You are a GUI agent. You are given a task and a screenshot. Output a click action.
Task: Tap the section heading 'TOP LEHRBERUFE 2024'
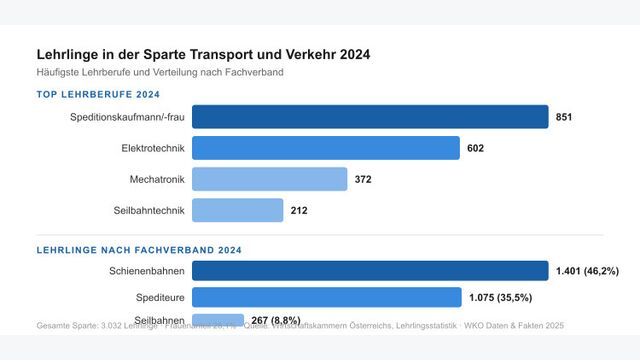pos(98,94)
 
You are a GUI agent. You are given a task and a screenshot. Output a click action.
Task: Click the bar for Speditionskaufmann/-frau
pos(370,117)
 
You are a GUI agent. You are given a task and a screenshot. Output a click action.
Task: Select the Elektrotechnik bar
pos(325,148)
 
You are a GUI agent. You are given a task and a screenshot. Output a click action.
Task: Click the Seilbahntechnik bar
pos(237,210)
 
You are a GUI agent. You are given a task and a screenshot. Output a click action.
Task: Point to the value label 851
pos(565,118)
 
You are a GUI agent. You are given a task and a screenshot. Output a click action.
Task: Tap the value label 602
pos(475,149)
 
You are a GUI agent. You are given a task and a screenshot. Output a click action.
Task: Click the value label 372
pos(363,180)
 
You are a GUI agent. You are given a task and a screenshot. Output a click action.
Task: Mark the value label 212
pos(299,211)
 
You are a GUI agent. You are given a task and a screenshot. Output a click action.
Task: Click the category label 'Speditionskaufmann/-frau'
pos(127,118)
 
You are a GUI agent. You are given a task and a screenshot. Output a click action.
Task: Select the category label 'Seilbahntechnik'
pos(147,211)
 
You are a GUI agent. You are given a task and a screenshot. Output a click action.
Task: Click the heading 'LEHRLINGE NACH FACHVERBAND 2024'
pos(139,250)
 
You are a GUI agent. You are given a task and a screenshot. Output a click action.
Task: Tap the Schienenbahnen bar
pos(370,271)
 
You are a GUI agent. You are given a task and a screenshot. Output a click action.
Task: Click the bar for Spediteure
pos(325,297)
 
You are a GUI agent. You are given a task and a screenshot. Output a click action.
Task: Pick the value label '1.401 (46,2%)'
pos(588,271)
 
